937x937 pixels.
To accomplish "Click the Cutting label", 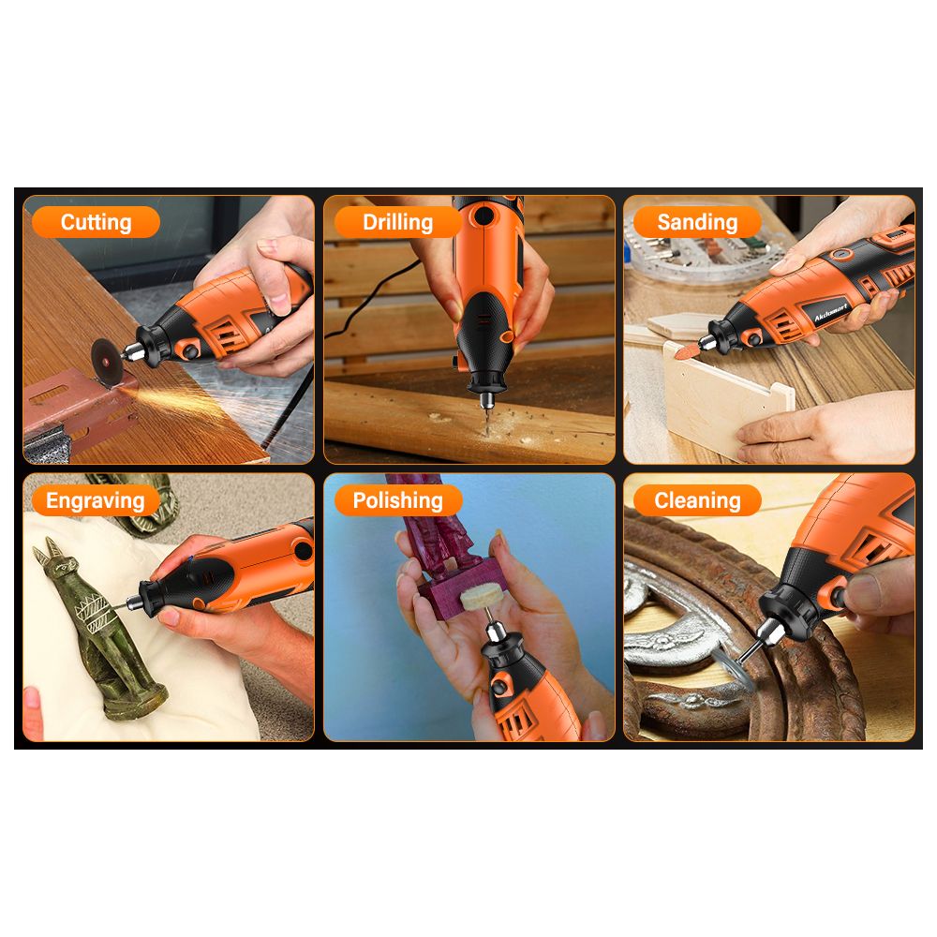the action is coord(96,222).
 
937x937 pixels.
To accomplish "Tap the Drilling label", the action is coord(397,222).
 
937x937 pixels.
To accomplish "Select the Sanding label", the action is coord(697,222).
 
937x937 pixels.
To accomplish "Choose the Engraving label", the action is coord(96,500).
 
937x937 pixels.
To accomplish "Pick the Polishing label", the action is coord(397,500).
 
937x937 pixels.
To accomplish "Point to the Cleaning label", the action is coord(697,500).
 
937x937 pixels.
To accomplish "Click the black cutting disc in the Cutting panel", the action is coord(107,360).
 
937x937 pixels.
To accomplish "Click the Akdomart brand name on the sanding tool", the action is coord(830,311).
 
